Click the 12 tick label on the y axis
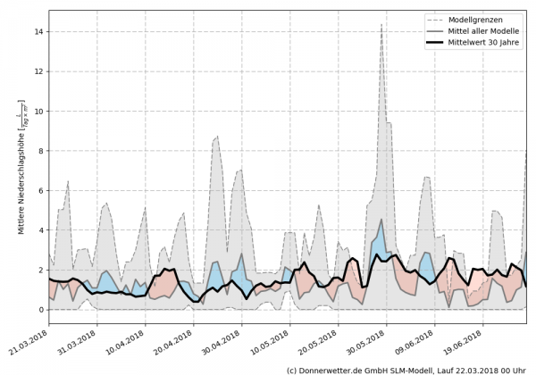pos(38,71)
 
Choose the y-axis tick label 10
pos(38,111)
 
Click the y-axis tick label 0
pos(40,310)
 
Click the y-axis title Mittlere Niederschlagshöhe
pos(21,170)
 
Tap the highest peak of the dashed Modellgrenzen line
pos(381,25)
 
